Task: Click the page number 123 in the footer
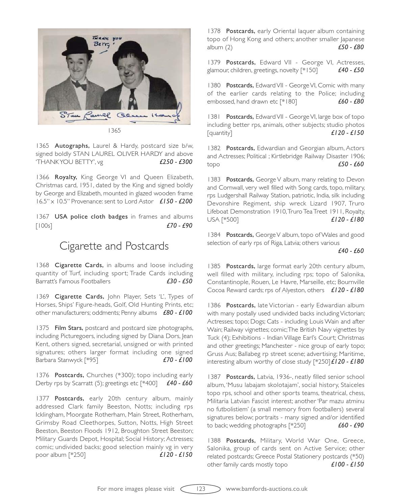tap(200, 488)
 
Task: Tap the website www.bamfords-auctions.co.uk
tap(266, 488)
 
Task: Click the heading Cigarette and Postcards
tap(114, 246)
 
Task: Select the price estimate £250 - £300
tap(176, 162)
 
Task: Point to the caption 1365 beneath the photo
tap(114, 131)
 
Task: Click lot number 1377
tap(43, 398)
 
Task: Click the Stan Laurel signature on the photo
tap(85, 115)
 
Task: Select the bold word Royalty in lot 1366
tap(66, 177)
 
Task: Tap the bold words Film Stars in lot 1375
tap(69, 328)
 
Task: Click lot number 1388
tap(214, 441)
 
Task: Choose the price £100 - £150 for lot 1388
tap(347, 465)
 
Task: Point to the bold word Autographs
tap(72, 146)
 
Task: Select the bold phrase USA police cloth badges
tap(91, 217)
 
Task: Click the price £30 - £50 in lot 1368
tap(179, 281)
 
